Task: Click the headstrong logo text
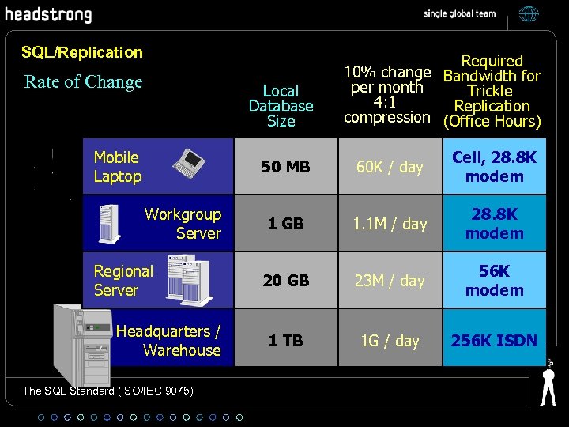pos(49,15)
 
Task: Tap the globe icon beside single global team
pos(529,13)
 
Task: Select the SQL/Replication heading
pos(82,52)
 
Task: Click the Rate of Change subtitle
pos(84,82)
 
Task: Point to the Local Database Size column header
pos(281,106)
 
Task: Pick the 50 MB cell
pos(285,167)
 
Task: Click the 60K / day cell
pos(390,167)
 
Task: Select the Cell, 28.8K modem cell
pos(494,167)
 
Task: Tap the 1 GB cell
pos(285,224)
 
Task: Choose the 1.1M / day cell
pos(390,224)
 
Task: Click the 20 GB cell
pos(285,281)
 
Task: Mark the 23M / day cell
pos(390,281)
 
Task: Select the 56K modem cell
pos(494,281)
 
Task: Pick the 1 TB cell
pos(285,341)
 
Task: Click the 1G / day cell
pos(390,341)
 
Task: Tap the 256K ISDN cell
pos(494,341)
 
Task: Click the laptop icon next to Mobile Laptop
pos(195,164)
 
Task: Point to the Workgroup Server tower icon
pos(108,224)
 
